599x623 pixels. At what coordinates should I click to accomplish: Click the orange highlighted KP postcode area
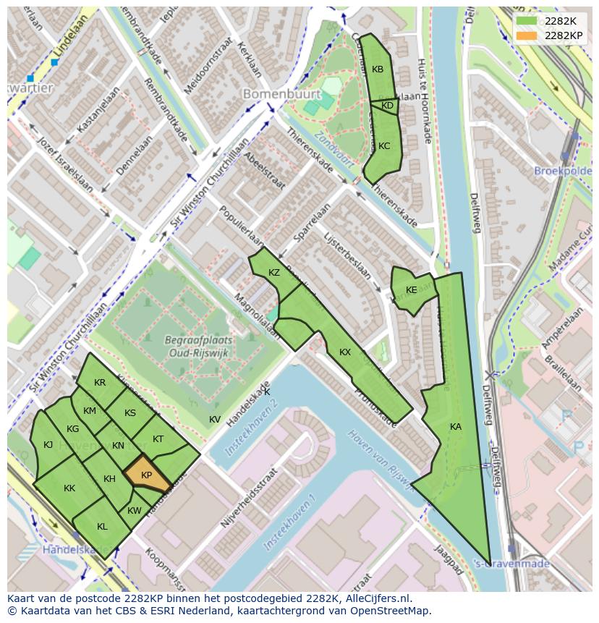point(147,475)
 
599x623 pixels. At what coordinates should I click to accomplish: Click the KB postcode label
point(378,69)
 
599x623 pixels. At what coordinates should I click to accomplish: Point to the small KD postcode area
point(388,106)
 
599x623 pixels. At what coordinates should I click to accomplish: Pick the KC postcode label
point(384,146)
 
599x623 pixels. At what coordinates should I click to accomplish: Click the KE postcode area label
point(412,290)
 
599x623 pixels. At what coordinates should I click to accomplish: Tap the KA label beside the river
point(455,427)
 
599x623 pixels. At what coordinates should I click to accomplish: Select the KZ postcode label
point(274,273)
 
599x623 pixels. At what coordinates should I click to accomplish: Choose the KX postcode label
point(345,352)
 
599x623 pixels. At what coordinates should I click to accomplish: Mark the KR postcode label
point(100,383)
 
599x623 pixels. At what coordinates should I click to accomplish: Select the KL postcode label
point(102,527)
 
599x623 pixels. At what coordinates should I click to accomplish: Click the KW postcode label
point(135,511)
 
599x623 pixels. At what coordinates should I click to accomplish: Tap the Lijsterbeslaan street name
point(347,256)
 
